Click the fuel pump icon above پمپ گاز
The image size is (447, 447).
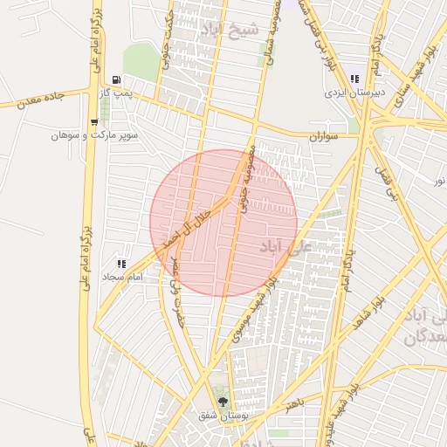click(117, 79)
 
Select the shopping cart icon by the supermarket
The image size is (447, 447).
click(94, 122)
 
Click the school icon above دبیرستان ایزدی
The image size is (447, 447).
click(354, 79)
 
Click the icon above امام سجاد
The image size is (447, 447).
click(120, 263)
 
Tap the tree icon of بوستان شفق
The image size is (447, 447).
click(224, 402)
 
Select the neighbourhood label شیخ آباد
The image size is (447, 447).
click(230, 31)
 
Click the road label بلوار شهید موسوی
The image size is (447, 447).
click(255, 306)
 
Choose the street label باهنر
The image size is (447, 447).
click(297, 404)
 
